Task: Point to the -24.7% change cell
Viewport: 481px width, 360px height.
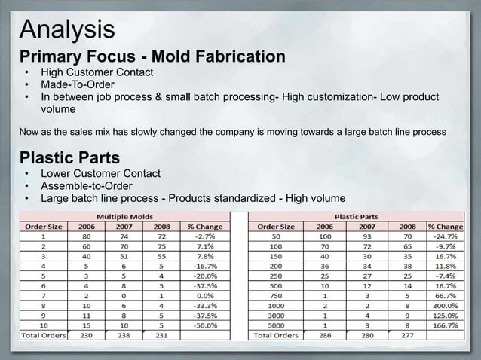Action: click(446, 236)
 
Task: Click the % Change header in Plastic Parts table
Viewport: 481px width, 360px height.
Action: click(446, 225)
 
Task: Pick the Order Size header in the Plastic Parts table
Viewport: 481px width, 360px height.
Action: click(276, 225)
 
